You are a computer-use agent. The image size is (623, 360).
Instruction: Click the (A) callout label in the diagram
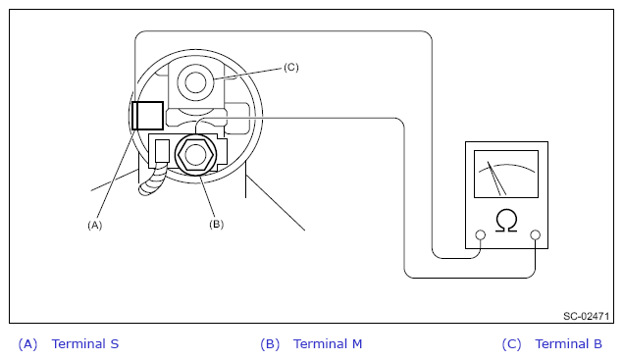click(94, 226)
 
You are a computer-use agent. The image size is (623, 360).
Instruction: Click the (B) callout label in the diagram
click(216, 224)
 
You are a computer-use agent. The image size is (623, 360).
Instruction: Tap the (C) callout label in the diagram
click(291, 67)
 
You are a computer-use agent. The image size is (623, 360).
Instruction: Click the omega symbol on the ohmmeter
click(506, 221)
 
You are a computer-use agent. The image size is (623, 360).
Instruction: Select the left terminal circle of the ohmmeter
click(481, 234)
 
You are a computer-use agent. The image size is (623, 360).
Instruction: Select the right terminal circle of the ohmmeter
click(536, 234)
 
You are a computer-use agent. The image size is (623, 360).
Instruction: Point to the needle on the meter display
click(496, 178)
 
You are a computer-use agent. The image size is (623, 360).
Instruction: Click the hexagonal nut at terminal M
click(195, 155)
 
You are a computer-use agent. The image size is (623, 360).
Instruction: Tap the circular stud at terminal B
click(195, 82)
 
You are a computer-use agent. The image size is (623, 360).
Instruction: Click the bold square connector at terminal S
click(147, 116)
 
